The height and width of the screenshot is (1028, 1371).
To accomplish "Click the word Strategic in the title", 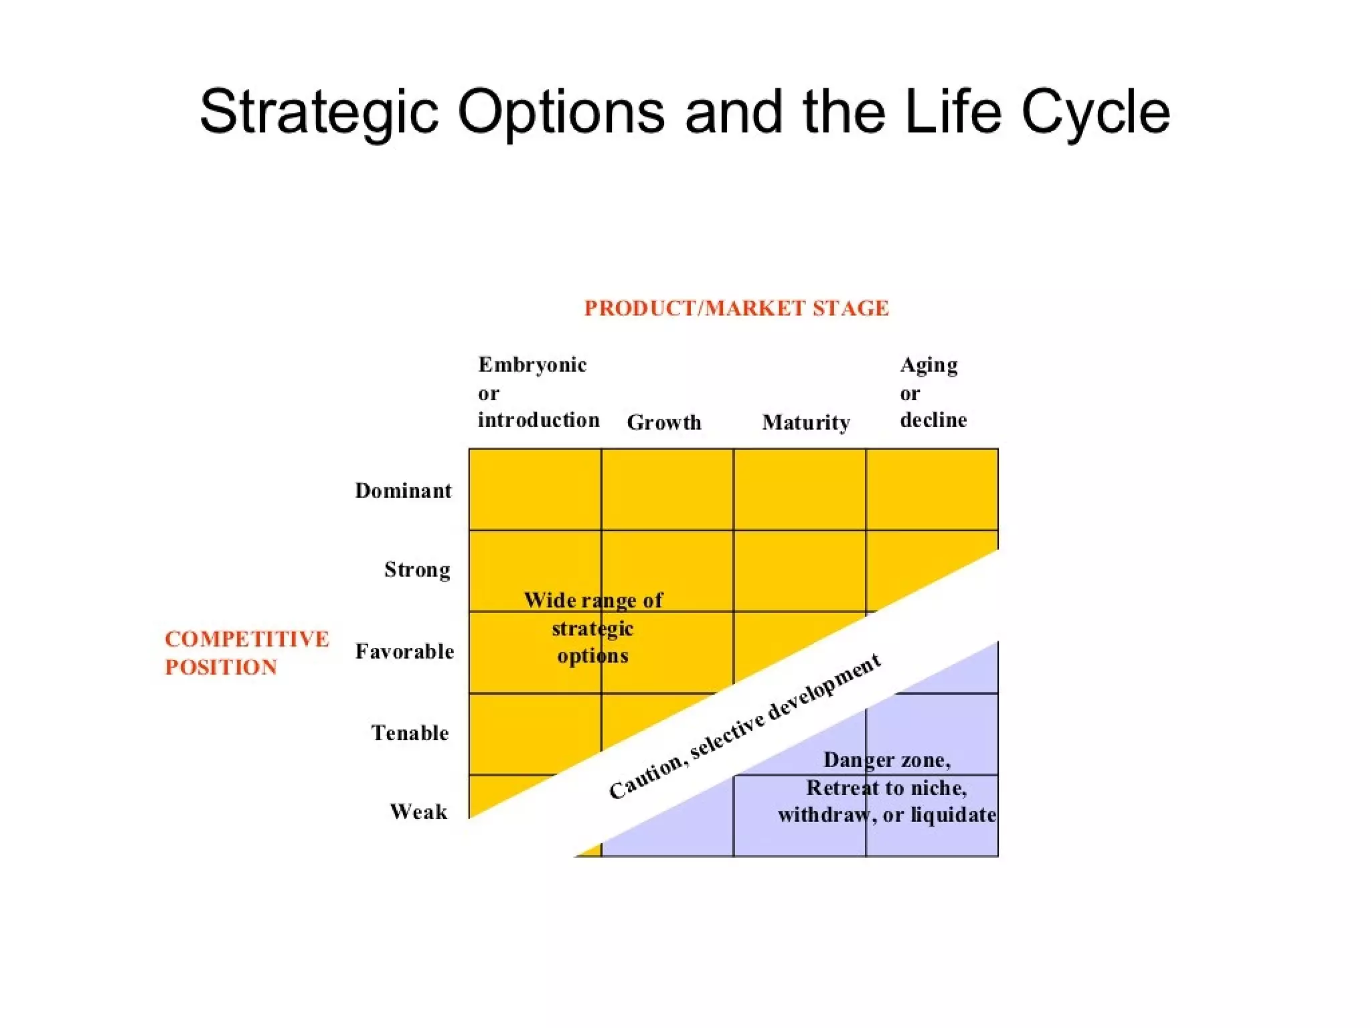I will (319, 112).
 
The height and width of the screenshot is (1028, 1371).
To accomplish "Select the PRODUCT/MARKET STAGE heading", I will (736, 309).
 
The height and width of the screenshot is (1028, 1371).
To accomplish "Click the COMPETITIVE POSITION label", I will (246, 653).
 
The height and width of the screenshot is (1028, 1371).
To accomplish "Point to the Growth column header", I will (664, 422).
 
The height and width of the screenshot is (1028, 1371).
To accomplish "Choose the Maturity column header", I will (806, 422).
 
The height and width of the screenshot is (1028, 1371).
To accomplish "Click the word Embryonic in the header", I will (532, 365).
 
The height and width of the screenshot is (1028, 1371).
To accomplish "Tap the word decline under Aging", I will (933, 420).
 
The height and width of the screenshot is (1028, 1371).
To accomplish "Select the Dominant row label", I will (403, 491).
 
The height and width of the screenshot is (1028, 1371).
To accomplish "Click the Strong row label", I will (417, 570).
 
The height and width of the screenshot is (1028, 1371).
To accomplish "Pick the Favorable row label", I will (404, 651).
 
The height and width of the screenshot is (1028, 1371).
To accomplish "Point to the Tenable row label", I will (410, 733).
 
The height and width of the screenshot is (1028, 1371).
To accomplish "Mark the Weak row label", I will (418, 812).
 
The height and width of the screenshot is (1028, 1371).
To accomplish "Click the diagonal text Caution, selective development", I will (744, 726).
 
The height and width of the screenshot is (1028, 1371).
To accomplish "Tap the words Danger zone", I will (886, 760).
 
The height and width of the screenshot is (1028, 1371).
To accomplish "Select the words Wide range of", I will (593, 600).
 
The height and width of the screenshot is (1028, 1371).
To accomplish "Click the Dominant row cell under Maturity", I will (799, 489).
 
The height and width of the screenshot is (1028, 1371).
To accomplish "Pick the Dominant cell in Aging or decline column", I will (932, 489).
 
